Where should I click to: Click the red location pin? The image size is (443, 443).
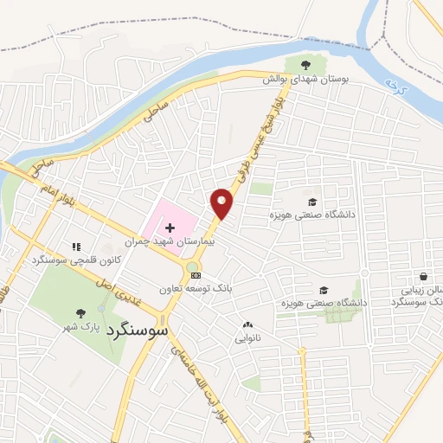(x=222, y=202)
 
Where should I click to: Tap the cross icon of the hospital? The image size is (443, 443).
(x=170, y=226)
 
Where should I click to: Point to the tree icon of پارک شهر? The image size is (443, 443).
(x=80, y=314)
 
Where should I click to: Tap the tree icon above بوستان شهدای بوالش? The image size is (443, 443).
(x=305, y=63)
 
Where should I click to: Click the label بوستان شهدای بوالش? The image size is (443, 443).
(x=305, y=78)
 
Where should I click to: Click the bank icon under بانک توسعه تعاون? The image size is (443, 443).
(x=196, y=299)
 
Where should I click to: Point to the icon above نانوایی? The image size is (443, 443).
(x=246, y=325)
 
